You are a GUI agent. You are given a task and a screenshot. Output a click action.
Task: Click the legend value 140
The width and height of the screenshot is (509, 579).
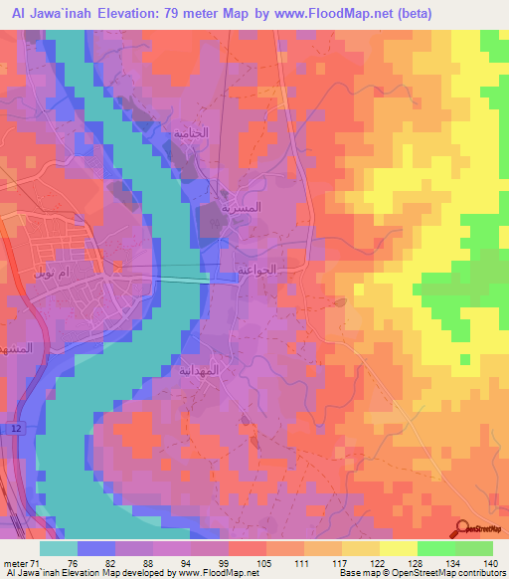[x=490, y=562]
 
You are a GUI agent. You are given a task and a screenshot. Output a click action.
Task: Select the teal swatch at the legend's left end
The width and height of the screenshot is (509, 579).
[x=59, y=547]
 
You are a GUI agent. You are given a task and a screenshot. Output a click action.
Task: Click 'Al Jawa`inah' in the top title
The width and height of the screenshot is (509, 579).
[x=49, y=14]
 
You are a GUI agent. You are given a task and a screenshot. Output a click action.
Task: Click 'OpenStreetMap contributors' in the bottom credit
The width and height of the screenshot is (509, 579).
[x=456, y=573]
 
